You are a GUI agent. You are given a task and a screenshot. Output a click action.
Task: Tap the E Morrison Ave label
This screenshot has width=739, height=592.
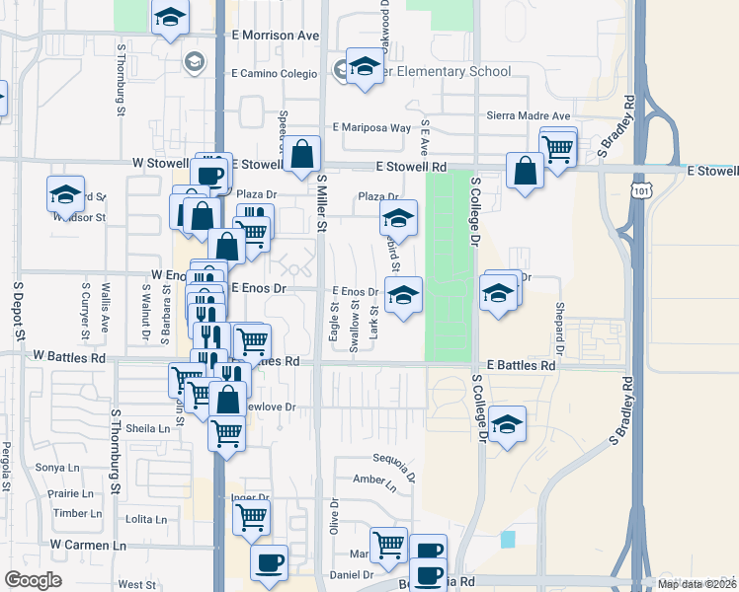(275, 35)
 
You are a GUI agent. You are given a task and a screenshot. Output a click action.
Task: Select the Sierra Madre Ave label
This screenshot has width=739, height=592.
(530, 115)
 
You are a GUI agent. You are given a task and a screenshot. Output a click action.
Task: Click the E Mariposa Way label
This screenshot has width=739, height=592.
(371, 127)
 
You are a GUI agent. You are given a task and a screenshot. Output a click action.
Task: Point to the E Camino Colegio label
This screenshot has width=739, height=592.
(274, 74)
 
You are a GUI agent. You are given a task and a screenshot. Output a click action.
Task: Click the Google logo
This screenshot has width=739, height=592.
(32, 580)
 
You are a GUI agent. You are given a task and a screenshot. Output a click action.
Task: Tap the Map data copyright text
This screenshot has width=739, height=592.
(697, 583)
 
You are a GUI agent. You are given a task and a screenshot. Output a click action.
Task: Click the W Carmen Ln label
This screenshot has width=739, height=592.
(89, 545)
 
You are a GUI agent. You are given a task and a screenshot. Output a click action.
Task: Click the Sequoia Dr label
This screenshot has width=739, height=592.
(393, 460)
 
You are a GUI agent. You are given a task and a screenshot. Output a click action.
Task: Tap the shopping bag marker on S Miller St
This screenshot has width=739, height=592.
(303, 154)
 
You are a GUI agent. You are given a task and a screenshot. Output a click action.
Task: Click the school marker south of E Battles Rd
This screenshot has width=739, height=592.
(507, 425)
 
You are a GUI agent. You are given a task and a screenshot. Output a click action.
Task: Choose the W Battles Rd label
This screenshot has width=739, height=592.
(68, 354)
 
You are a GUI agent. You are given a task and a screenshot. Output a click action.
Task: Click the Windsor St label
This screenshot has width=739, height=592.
(87, 217)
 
